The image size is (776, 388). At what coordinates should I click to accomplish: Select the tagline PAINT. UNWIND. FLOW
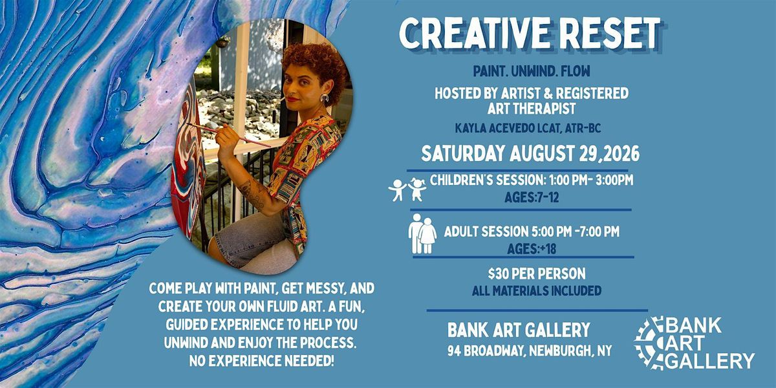pos(532,71)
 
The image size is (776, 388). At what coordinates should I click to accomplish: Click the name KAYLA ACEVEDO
pos(495,129)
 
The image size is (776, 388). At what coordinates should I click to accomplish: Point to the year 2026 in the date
pos(623,154)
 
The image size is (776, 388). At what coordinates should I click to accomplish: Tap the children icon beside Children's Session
pos(407,190)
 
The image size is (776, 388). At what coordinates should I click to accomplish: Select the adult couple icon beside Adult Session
pos(422,233)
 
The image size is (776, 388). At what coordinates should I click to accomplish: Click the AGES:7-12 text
pos(532,197)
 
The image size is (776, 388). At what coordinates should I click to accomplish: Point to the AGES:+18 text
pos(532,249)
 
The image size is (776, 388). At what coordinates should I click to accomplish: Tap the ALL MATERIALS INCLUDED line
pos(537,290)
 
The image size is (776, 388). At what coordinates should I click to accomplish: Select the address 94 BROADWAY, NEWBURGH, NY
pos(530,351)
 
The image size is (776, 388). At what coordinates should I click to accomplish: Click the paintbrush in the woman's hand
pos(229,135)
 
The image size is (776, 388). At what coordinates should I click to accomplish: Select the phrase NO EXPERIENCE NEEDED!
pos(261,361)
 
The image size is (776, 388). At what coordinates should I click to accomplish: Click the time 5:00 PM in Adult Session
pos(551,232)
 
